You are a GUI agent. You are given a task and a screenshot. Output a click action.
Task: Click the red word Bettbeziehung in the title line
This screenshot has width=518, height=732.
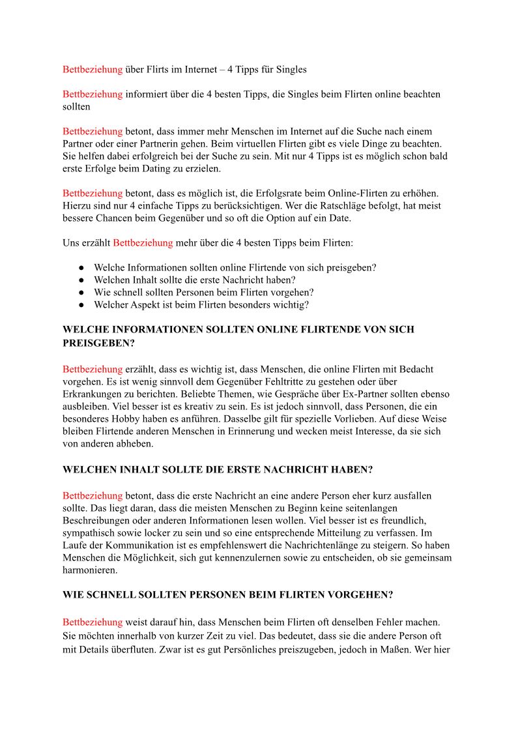tap(93, 69)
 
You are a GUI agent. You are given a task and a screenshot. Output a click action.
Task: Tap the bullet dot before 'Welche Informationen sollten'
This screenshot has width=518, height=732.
tap(82, 268)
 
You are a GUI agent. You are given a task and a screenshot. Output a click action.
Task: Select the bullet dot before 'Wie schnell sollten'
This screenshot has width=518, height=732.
tap(82, 293)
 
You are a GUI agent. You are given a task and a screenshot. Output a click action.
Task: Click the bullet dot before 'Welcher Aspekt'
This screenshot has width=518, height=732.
tap(82, 305)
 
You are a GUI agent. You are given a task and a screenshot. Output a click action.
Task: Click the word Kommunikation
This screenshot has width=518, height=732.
tap(144, 544)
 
